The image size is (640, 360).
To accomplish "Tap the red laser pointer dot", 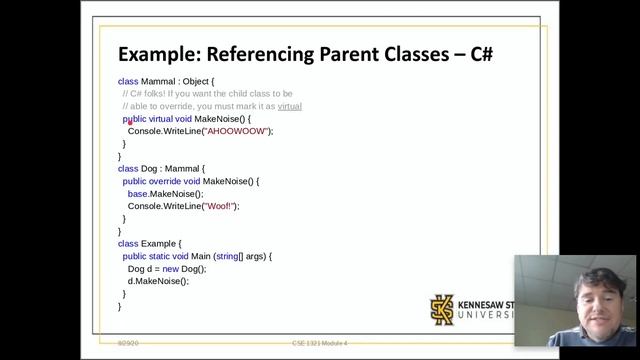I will click(x=130, y=122).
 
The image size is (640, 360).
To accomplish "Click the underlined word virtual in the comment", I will click(x=289, y=106).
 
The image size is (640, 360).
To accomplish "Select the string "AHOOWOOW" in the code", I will click(x=236, y=131).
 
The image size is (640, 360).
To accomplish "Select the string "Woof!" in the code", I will click(x=221, y=206).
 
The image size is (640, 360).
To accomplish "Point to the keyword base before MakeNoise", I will click(x=138, y=194).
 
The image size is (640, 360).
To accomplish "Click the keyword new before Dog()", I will click(x=172, y=269).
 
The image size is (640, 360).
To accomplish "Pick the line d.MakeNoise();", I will click(x=158, y=281).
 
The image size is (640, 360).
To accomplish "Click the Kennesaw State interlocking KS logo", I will click(x=442, y=308).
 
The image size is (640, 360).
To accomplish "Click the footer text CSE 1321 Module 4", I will click(x=319, y=343).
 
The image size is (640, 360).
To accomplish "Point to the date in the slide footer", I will click(x=126, y=343).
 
